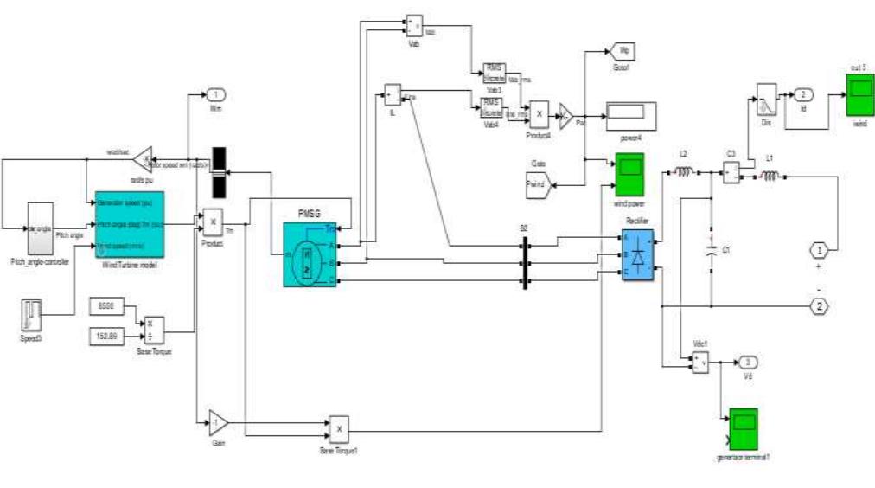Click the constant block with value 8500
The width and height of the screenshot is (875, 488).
tap(106, 305)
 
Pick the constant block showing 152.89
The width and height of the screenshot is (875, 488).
tap(106, 335)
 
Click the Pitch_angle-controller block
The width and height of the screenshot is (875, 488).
tap(41, 228)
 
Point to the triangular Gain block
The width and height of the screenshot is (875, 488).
tap(217, 423)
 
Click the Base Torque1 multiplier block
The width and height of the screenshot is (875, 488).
tap(338, 428)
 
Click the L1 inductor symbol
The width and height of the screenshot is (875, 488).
tap(768, 177)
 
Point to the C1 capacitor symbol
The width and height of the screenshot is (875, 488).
tap(711, 251)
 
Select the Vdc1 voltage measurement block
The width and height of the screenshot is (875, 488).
tap(699, 363)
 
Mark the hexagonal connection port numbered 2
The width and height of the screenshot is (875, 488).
tap(819, 305)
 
